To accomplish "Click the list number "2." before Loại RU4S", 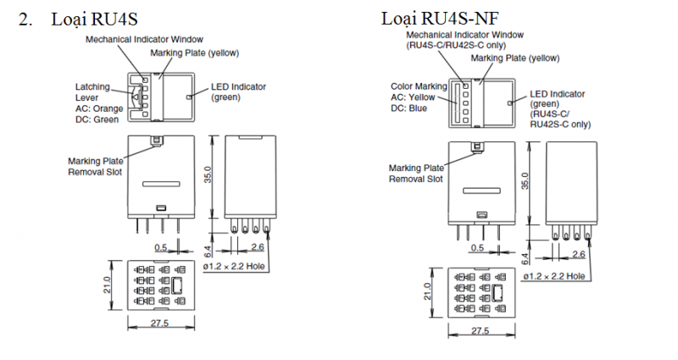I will (26, 18).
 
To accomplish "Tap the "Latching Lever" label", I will (93, 91).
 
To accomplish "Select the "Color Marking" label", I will (419, 86).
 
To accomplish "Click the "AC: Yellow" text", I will (413, 97).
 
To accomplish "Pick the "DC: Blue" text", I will (408, 108).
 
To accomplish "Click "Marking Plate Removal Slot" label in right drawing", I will (416, 173).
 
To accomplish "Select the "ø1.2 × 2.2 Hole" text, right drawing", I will (551, 276).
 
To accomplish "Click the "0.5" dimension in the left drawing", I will (161, 248).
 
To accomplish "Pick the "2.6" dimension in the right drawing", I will (580, 254).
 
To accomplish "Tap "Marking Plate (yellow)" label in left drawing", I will (195, 53).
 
